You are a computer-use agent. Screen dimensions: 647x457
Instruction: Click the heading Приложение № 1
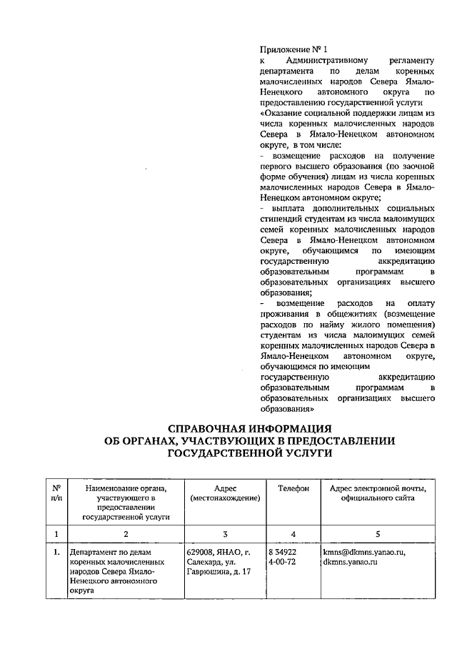click(x=293, y=51)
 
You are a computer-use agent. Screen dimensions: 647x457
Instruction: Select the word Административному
click(x=316, y=61)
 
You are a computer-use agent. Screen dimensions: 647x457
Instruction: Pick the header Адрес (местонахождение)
click(x=225, y=493)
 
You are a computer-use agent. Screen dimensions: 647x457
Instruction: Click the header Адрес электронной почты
click(x=378, y=488)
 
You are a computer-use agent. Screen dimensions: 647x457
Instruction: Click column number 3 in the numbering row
click(x=225, y=533)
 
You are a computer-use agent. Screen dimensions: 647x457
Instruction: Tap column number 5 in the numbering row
click(x=378, y=533)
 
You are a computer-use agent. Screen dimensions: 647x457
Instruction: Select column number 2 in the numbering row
click(x=126, y=533)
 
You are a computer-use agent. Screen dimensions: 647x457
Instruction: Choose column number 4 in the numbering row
click(x=293, y=533)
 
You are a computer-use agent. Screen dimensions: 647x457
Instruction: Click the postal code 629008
click(x=202, y=553)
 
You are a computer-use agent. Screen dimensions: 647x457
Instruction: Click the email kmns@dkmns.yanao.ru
click(x=363, y=553)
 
